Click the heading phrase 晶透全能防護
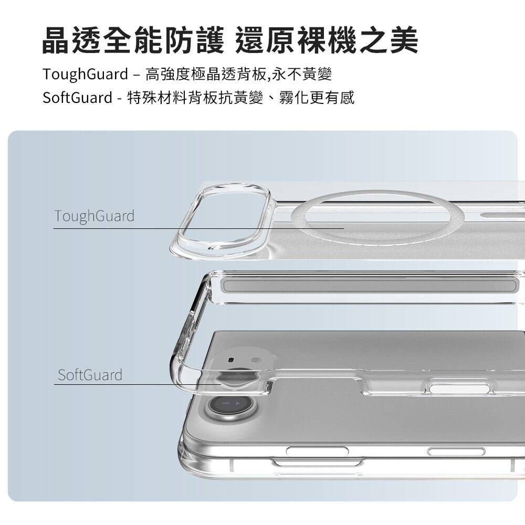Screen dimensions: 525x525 pyautogui.click(x=133, y=40)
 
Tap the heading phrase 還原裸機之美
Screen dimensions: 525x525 pyautogui.click(x=327, y=40)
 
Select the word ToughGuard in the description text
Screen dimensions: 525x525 pyautogui.click(x=86, y=75)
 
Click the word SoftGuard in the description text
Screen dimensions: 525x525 pyautogui.click(x=77, y=98)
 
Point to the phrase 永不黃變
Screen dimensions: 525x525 pyautogui.click(x=302, y=74)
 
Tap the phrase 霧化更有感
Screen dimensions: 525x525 pyautogui.click(x=317, y=98)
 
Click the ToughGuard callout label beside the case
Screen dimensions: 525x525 pyautogui.click(x=94, y=216)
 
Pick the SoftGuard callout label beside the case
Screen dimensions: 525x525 pyautogui.click(x=90, y=375)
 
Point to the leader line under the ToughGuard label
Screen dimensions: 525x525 pyautogui.click(x=198, y=228)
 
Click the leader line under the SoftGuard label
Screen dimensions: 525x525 pyautogui.click(x=137, y=384)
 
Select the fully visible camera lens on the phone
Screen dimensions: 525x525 pyautogui.click(x=231, y=405)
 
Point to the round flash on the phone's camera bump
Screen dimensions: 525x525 pyautogui.click(x=256, y=361)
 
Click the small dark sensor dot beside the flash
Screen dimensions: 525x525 pyautogui.click(x=231, y=360)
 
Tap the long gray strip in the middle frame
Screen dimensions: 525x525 pyautogui.click(x=370, y=286)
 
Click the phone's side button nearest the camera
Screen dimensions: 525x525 pyautogui.click(x=317, y=451)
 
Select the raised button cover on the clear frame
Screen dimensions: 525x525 pyautogui.click(x=459, y=388)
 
